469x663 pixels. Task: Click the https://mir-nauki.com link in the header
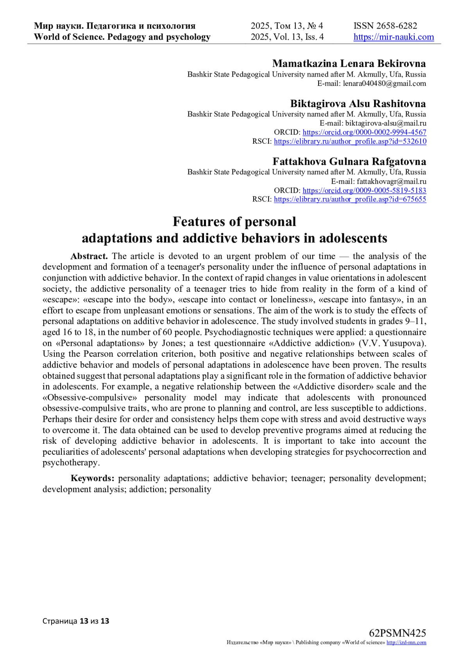coord(394,37)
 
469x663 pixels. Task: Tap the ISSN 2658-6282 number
coord(385,26)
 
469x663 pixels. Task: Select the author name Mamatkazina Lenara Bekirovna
coord(349,63)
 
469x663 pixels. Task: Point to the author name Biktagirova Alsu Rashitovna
coord(358,104)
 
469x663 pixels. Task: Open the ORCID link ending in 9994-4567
coord(364,132)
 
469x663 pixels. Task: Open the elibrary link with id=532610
coord(350,141)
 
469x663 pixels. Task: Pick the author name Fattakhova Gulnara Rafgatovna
coord(349,161)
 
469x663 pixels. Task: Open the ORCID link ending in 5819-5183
coord(364,191)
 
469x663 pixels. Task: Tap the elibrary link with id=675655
coord(350,199)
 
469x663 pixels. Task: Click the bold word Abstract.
coord(89,256)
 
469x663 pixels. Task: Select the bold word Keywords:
coord(92,478)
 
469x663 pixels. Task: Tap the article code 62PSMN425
coord(397,633)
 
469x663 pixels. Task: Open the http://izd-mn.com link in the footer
coord(406,643)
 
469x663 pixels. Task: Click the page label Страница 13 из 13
coord(76,621)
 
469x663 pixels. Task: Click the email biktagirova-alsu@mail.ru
coord(385,123)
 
